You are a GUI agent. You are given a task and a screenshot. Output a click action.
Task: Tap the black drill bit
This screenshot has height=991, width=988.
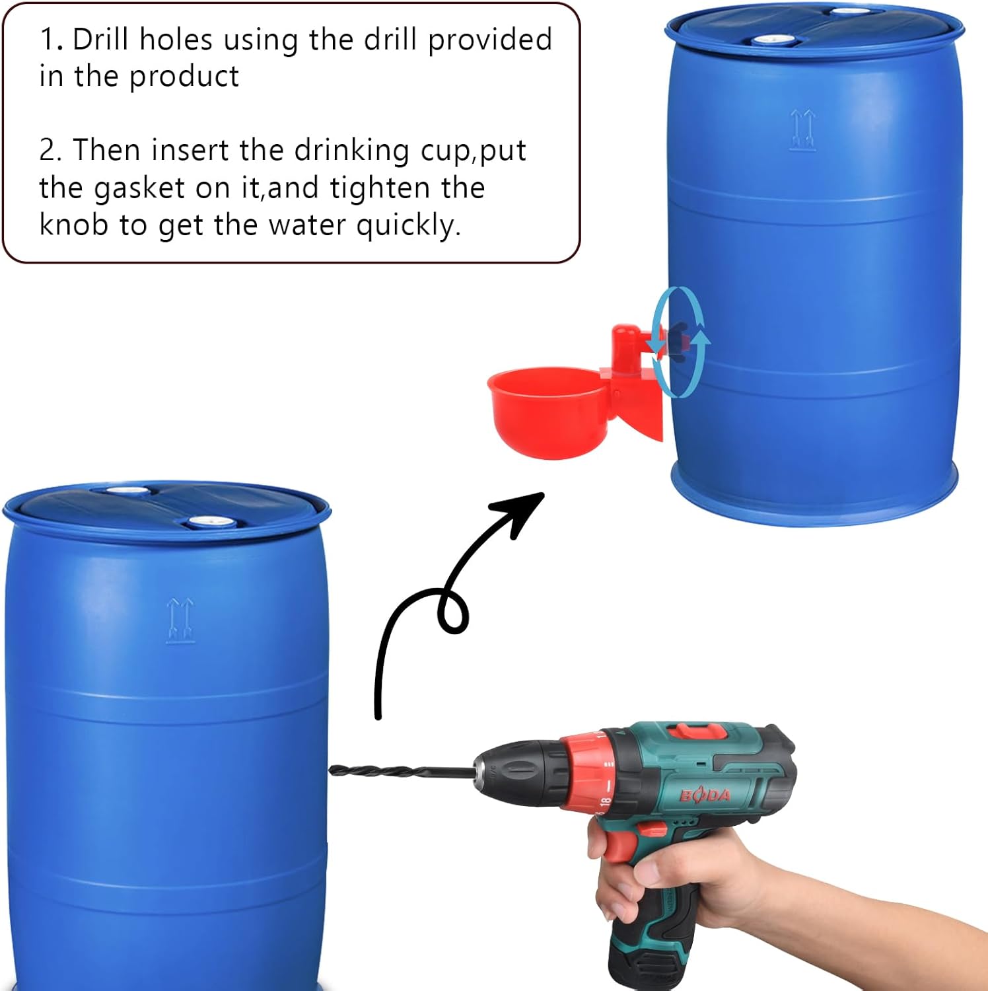pos(403,770)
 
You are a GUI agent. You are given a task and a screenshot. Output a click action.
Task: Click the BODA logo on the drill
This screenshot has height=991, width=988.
pos(705,795)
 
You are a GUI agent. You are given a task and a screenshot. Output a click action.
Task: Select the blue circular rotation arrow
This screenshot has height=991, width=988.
pos(678,342)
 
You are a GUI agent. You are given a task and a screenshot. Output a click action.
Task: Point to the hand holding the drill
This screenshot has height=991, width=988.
pos(693,885)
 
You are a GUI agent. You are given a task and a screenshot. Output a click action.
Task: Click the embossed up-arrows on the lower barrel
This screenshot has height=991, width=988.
pos(180,620)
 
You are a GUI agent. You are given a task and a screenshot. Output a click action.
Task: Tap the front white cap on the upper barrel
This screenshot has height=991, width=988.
pos(775,40)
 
